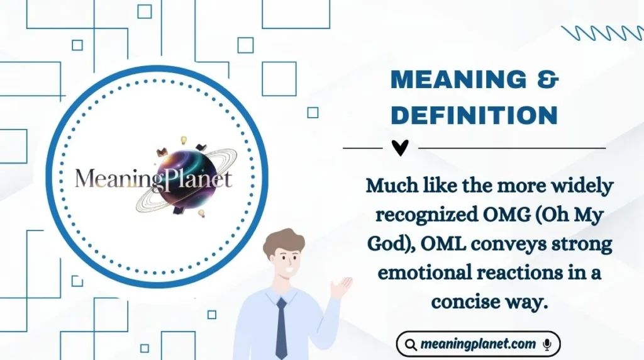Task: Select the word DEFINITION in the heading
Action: [474, 115]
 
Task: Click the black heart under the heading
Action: [400, 148]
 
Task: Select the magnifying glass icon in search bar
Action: [411, 345]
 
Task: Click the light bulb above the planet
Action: [184, 140]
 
